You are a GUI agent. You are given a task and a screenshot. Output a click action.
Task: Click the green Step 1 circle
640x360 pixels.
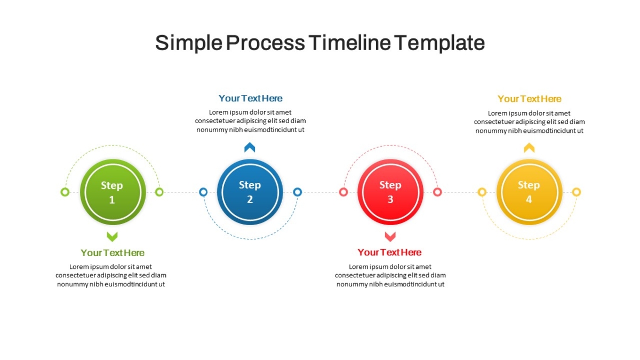click(x=113, y=192)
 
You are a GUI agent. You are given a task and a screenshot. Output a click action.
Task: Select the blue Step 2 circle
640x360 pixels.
click(x=250, y=192)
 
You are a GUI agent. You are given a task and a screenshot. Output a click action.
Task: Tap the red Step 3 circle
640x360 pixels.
click(x=390, y=192)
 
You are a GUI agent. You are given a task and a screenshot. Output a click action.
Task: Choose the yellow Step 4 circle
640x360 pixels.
click(x=529, y=192)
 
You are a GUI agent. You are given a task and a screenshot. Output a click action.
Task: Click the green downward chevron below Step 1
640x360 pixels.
click(x=113, y=237)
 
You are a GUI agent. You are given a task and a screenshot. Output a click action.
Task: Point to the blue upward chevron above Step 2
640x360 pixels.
click(x=250, y=147)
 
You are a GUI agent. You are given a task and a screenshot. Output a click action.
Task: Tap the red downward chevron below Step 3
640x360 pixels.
click(x=390, y=237)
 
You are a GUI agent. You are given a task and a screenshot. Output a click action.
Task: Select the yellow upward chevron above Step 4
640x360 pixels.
click(x=529, y=147)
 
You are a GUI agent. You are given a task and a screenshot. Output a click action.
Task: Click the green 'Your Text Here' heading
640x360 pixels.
click(x=113, y=253)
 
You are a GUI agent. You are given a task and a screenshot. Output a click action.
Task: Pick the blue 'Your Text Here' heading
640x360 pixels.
click(x=251, y=98)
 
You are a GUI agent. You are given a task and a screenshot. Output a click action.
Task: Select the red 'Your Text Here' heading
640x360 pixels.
click(x=389, y=252)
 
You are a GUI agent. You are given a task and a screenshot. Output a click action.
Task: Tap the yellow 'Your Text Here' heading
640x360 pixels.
click(x=530, y=99)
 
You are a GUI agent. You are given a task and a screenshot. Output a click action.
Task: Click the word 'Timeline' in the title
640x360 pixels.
click(x=349, y=43)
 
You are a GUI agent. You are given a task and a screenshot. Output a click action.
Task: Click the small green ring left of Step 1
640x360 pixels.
click(x=65, y=192)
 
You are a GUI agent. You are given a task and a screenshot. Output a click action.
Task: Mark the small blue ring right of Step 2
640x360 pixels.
click(x=298, y=192)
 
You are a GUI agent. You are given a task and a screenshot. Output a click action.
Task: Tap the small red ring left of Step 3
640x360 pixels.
click(x=343, y=192)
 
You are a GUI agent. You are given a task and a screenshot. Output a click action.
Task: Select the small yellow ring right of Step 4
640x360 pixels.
click(x=577, y=192)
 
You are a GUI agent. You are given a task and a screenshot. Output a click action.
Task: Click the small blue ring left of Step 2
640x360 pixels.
click(x=203, y=192)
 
